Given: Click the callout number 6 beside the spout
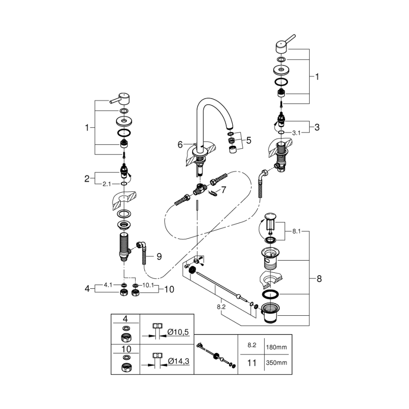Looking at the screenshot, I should pyautogui.click(x=180, y=145).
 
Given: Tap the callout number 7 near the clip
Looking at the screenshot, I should pyautogui.click(x=224, y=190).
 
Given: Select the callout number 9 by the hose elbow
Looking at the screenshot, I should pyautogui.click(x=159, y=256).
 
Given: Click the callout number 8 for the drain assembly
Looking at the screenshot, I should pyautogui.click(x=319, y=278).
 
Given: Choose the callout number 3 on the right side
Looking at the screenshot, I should pyautogui.click(x=317, y=127).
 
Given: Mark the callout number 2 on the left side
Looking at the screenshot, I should pyautogui.click(x=87, y=178).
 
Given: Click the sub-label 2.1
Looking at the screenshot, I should pyautogui.click(x=107, y=184).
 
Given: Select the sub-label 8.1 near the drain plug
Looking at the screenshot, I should pyautogui.click(x=296, y=231).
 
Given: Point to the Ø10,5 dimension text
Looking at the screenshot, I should pyautogui.click(x=178, y=332).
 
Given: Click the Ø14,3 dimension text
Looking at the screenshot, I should pyautogui.click(x=178, y=361).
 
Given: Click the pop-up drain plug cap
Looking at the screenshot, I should pyautogui.click(x=270, y=217).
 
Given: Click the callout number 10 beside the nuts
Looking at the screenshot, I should pyautogui.click(x=169, y=289).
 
